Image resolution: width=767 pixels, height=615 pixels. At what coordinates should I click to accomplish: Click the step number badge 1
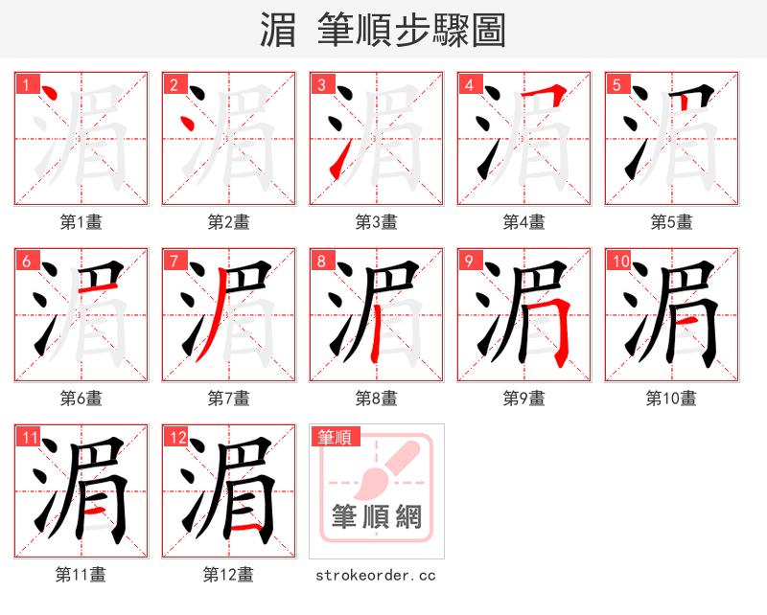24,84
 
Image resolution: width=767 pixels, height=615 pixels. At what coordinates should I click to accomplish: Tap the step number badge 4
468,84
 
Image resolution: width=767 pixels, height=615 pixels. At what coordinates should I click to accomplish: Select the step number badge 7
173,261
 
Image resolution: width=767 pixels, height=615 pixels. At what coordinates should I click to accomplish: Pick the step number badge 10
618,261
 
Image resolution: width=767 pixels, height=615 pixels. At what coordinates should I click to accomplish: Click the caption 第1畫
81,222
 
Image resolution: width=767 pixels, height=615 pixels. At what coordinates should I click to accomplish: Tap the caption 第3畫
377,222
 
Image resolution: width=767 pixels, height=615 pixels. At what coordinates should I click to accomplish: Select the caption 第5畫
672,222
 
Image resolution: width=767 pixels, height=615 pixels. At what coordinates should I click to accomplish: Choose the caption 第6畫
81,399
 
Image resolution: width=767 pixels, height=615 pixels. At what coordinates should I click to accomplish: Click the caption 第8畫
377,399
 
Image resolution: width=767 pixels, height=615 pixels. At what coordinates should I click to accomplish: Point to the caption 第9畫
524,399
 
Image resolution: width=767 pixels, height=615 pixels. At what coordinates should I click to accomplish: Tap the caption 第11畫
81,575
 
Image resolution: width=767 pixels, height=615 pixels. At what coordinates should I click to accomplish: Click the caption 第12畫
229,575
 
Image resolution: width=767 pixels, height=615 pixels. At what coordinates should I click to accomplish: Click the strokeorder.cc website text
377,576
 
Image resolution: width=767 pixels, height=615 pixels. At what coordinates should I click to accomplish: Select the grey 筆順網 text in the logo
377,517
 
